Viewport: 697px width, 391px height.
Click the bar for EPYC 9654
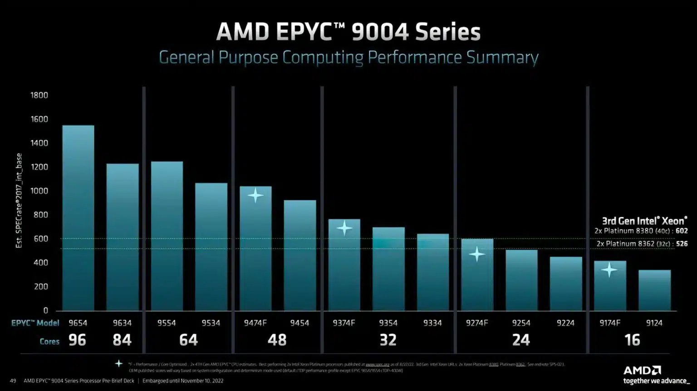click(78, 218)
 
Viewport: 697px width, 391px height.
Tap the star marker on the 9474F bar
click(255, 195)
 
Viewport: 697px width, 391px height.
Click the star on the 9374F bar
click(344, 228)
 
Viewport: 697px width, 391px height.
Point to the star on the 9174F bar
click(609, 270)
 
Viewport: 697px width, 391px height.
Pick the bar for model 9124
click(654, 290)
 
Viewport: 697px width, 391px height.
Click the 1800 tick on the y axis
click(39, 95)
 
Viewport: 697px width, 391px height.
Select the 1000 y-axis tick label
click(39, 191)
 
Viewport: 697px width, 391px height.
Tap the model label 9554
click(167, 323)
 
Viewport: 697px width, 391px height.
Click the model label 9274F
click(477, 323)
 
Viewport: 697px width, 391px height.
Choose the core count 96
click(77, 340)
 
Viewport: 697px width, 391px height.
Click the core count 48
click(277, 340)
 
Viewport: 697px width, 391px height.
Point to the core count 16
click(632, 340)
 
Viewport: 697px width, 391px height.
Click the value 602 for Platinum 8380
click(682, 231)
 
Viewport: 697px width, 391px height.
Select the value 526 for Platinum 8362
click(682, 244)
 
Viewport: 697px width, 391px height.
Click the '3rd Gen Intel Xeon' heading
click(644, 221)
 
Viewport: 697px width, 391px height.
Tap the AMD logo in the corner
click(642, 370)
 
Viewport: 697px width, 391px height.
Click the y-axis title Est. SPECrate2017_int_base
click(19, 201)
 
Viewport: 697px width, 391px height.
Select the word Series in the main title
click(447, 32)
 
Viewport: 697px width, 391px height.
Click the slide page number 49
click(13, 381)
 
